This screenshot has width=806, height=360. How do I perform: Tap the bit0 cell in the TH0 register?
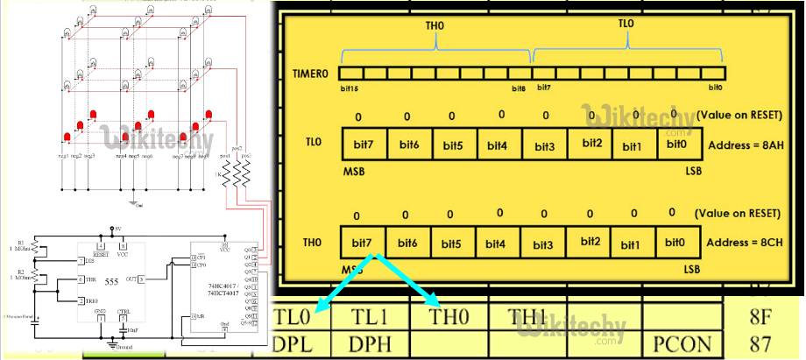coord(675,243)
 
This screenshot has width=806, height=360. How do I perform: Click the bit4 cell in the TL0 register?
coord(497,144)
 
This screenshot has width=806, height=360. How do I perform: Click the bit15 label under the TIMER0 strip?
coord(350,88)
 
